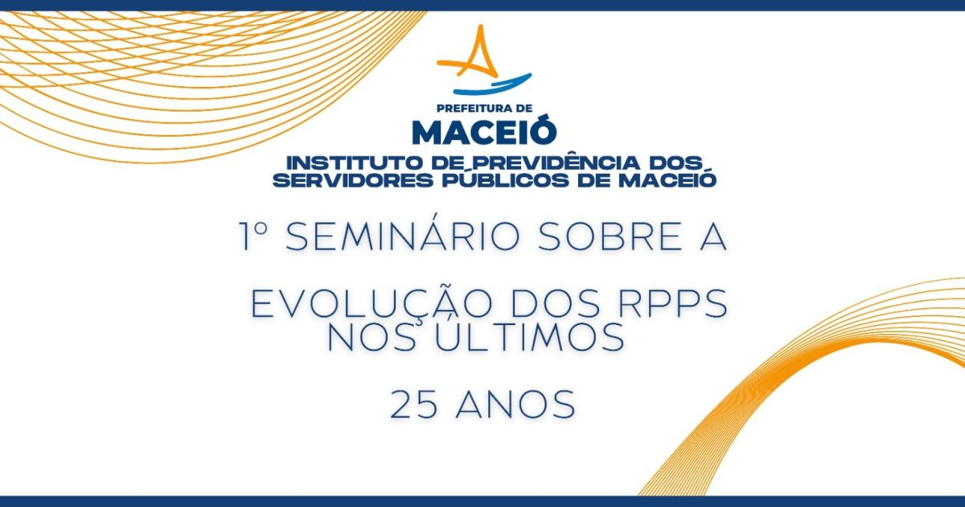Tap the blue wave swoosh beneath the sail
pyautogui.click(x=492, y=85)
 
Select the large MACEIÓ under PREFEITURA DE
pyautogui.click(x=484, y=131)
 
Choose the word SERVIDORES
pyautogui.click(x=353, y=180)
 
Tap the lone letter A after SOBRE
pyautogui.click(x=713, y=237)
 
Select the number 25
pyautogui.click(x=414, y=404)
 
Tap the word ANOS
pyautogui.click(x=515, y=404)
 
